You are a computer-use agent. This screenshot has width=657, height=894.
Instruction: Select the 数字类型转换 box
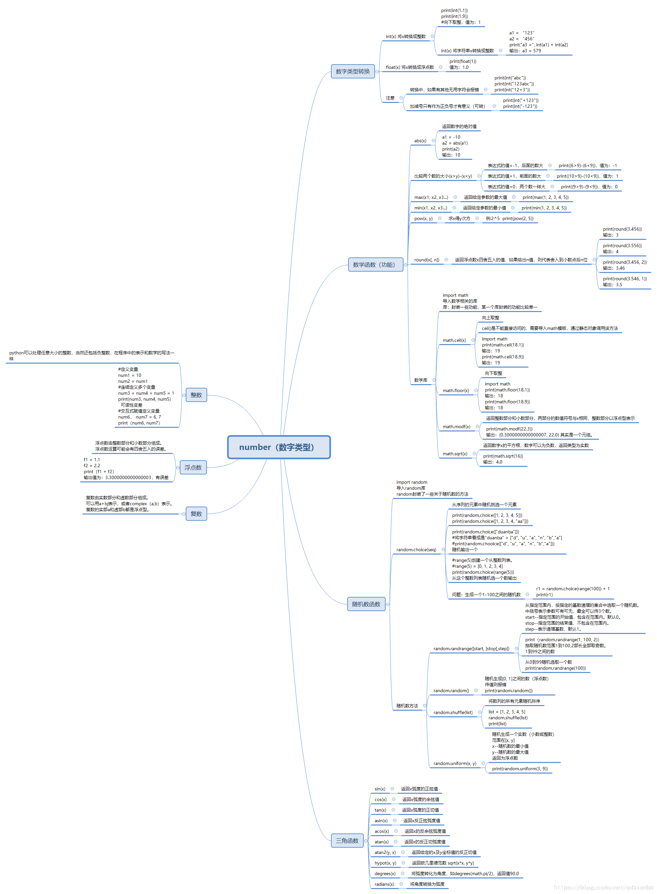[352, 71]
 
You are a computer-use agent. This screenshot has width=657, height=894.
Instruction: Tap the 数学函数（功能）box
[375, 265]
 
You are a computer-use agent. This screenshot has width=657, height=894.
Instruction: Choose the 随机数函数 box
[366, 604]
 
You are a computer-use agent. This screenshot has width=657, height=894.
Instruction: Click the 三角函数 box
[347, 841]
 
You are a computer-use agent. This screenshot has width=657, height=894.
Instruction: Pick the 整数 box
[196, 395]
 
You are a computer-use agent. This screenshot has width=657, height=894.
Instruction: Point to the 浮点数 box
[193, 468]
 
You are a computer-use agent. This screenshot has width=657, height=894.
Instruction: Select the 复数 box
[196, 514]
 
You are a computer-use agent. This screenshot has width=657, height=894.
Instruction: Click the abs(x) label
[420, 141]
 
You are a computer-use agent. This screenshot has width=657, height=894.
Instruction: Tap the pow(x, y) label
[423, 219]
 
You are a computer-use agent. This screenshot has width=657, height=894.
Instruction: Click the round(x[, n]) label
[426, 260]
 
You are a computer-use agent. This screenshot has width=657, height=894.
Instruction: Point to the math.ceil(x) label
[454, 340]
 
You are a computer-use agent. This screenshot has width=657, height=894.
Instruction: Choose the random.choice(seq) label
[416, 550]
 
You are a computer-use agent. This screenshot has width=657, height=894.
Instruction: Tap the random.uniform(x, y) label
[454, 763]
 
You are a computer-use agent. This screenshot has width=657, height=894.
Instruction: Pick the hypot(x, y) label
[385, 863]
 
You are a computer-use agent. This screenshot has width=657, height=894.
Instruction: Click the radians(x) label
[384, 884]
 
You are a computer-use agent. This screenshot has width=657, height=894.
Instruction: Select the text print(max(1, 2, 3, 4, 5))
[545, 198]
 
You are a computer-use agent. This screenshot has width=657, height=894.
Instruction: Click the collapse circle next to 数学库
[434, 380]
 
